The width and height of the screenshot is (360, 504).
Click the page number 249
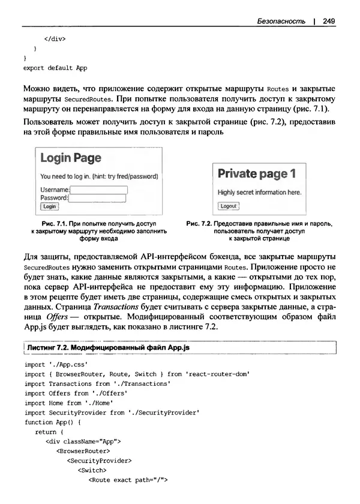point(328,21)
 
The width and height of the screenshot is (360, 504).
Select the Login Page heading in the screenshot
point(71,158)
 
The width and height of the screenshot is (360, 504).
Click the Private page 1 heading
point(257,174)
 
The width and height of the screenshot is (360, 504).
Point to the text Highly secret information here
point(259,193)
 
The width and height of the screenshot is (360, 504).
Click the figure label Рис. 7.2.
point(200,223)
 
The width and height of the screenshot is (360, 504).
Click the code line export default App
point(55,68)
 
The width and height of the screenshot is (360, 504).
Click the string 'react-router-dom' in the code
point(217,373)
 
